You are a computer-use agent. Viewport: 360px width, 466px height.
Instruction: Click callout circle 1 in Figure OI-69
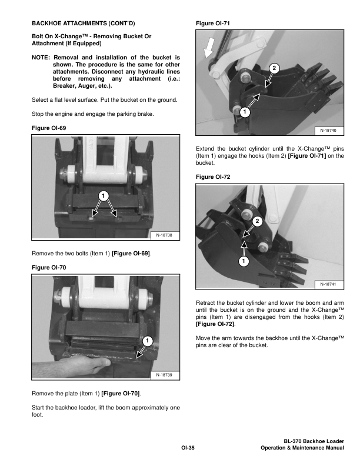click(x=102, y=195)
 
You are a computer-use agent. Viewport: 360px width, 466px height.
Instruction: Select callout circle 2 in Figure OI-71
click(x=272, y=68)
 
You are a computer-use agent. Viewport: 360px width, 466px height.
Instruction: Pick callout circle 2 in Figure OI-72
click(x=257, y=221)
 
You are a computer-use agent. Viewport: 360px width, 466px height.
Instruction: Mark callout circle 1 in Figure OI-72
click(x=244, y=259)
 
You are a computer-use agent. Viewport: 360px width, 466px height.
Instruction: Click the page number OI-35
click(x=188, y=448)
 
